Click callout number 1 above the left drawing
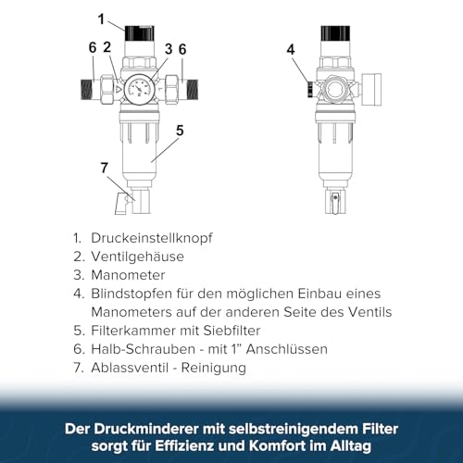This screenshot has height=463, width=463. coord(102,17)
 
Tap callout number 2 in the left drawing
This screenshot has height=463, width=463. coord(107,48)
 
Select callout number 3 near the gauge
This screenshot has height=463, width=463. coord(169,48)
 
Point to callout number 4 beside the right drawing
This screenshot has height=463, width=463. coord(291,49)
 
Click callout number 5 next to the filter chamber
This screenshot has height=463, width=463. coord(180,131)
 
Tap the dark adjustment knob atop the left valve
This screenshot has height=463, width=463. coord(140,32)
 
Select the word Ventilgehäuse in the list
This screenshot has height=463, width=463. coord(137,256)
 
